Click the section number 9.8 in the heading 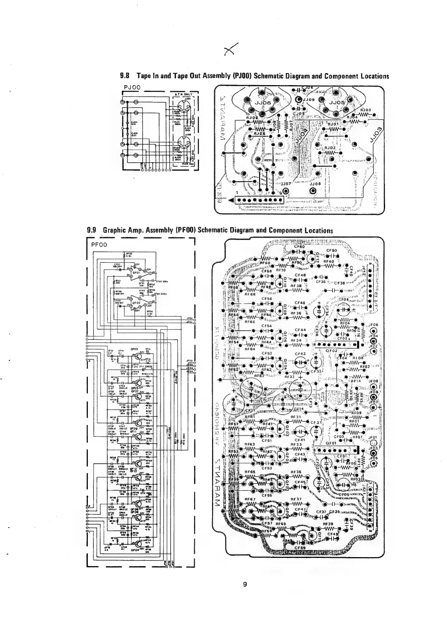coord(124,76)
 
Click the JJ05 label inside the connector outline coord(336,102)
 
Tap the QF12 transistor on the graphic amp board coord(312,258)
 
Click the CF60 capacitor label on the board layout coord(300,247)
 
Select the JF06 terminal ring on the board coord(373,331)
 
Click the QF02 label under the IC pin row coord(332,351)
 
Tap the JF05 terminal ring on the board coord(373,464)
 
